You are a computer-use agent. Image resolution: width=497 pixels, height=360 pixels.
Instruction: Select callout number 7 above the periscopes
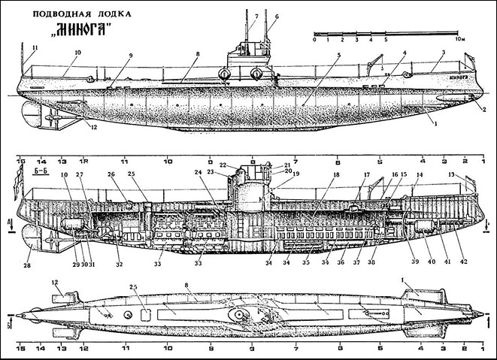click(x=256, y=16)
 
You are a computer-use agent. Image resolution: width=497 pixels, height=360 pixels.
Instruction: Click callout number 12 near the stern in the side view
click(x=94, y=127)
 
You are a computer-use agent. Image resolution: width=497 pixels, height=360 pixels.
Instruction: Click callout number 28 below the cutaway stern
click(x=29, y=265)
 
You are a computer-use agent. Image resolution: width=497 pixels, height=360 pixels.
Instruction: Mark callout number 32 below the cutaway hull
click(x=119, y=264)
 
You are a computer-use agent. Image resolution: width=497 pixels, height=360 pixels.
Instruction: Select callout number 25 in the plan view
click(x=134, y=287)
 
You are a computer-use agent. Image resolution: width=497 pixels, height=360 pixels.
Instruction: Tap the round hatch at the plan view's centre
click(x=240, y=316)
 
